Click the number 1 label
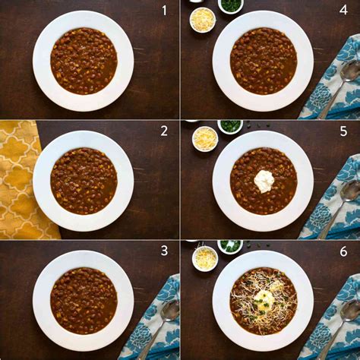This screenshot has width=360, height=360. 164,11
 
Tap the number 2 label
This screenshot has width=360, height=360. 164,131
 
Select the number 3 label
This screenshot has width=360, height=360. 164,251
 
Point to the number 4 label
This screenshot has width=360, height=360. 343,11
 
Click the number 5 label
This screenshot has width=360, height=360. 343,131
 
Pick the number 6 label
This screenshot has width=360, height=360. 343,251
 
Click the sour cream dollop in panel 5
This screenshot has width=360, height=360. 264,180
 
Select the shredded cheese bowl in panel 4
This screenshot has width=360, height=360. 203,20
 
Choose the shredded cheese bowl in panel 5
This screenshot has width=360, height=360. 205,139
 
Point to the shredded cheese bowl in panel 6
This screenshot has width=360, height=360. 205,258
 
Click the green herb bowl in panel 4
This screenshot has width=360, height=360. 231,5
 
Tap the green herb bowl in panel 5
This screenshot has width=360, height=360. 230,125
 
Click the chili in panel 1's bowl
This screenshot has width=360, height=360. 84,61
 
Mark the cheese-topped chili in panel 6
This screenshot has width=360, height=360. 264,301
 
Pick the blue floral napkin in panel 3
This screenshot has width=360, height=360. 152,319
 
